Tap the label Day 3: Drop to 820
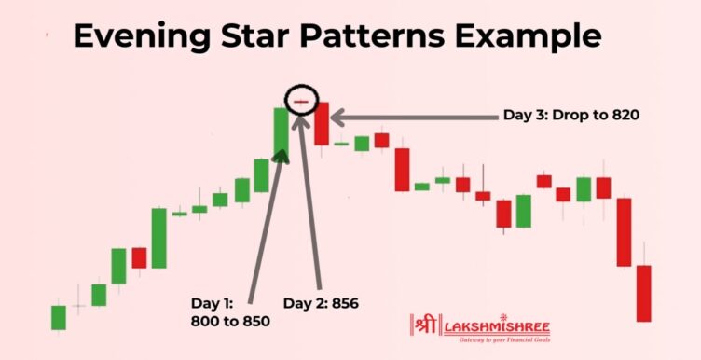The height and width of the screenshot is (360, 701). [570, 117]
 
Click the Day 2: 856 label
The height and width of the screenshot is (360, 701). [321, 303]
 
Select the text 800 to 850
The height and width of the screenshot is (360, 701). [229, 321]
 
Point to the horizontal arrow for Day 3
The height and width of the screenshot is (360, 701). [410, 118]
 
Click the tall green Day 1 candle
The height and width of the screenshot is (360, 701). [280, 132]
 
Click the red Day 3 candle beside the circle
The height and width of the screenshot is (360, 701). [322, 124]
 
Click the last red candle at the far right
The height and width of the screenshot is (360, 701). [643, 293]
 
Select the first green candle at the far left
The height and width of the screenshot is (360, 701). [59, 317]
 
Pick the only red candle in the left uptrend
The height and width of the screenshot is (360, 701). [139, 257]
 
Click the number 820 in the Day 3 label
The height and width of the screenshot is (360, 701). [624, 117]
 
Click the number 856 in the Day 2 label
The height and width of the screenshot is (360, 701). [344, 303]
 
